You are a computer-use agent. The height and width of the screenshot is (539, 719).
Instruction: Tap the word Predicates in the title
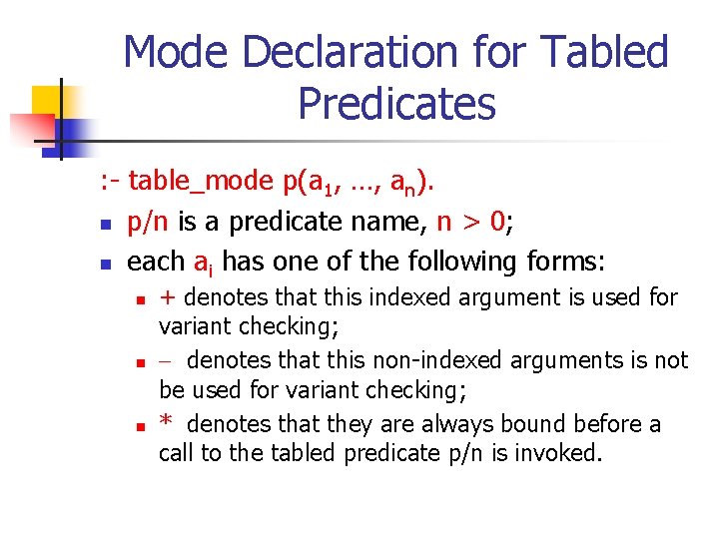[x=396, y=103]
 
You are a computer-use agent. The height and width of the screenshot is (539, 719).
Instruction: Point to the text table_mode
[x=202, y=181]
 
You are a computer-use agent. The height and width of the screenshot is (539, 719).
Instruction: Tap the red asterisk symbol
[x=167, y=423]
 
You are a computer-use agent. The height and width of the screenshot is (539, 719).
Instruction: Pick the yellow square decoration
[x=48, y=103]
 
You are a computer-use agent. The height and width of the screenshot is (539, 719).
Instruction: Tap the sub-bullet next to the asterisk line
[x=142, y=426]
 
